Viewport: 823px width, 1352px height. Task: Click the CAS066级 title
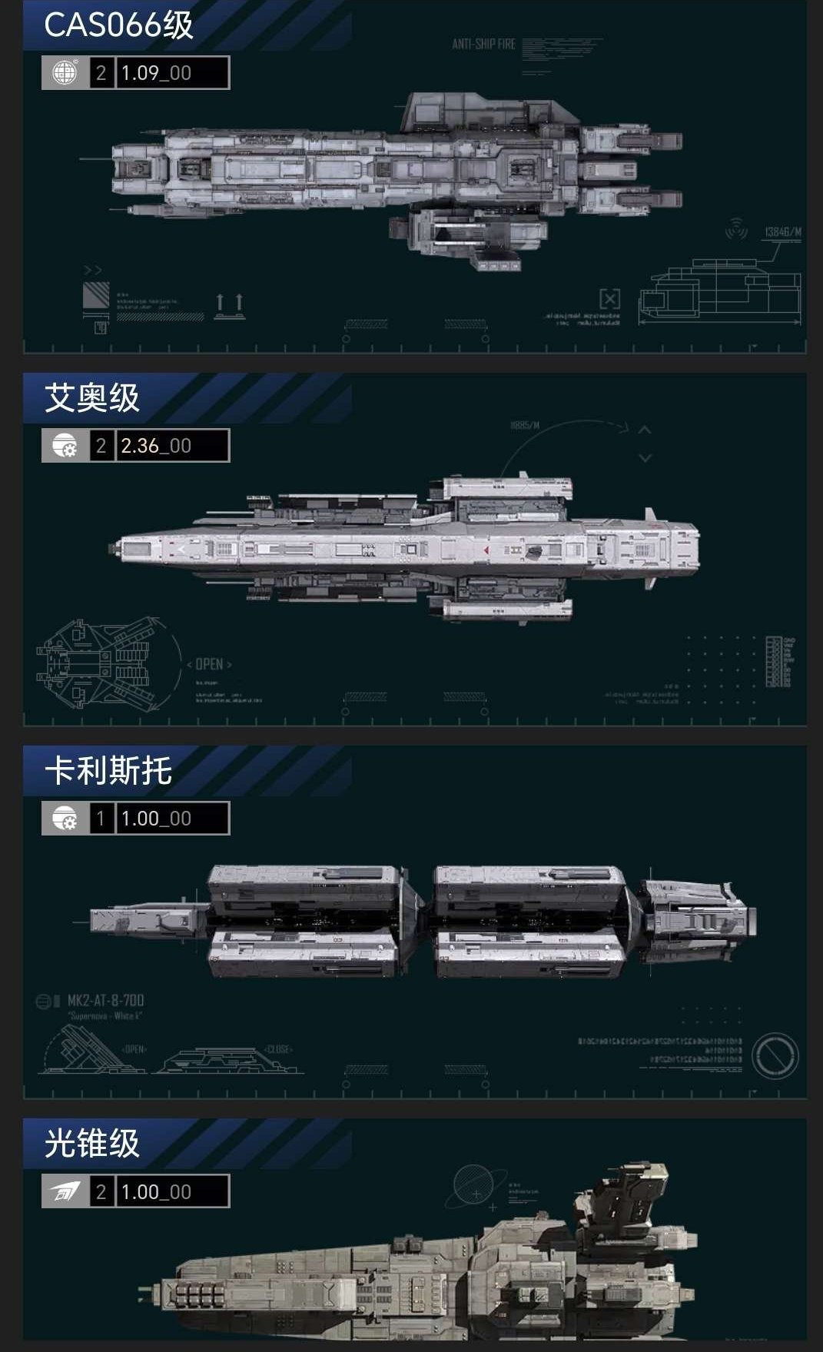click(118, 25)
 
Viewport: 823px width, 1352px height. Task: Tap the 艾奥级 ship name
click(91, 398)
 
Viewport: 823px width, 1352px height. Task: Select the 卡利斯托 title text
click(108, 771)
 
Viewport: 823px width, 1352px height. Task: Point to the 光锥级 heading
click(91, 1144)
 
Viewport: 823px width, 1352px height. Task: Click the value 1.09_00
click(156, 73)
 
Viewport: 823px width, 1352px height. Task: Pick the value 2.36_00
click(156, 446)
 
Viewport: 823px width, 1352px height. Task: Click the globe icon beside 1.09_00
click(65, 73)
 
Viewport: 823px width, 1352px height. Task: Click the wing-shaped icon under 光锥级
click(65, 1192)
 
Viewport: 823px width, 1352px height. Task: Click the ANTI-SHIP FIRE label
click(483, 45)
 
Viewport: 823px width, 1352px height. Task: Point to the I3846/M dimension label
click(783, 232)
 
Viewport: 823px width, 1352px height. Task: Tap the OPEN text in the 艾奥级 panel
click(209, 664)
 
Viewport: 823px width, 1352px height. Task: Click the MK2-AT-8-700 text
click(105, 1001)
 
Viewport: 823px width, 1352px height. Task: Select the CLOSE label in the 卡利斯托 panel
click(278, 1049)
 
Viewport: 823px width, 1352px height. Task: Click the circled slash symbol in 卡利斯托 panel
click(775, 1055)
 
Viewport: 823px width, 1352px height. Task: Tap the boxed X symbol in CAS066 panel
click(609, 298)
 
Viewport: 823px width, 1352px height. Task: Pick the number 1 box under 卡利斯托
click(101, 819)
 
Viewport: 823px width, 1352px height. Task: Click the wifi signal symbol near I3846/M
click(736, 228)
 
